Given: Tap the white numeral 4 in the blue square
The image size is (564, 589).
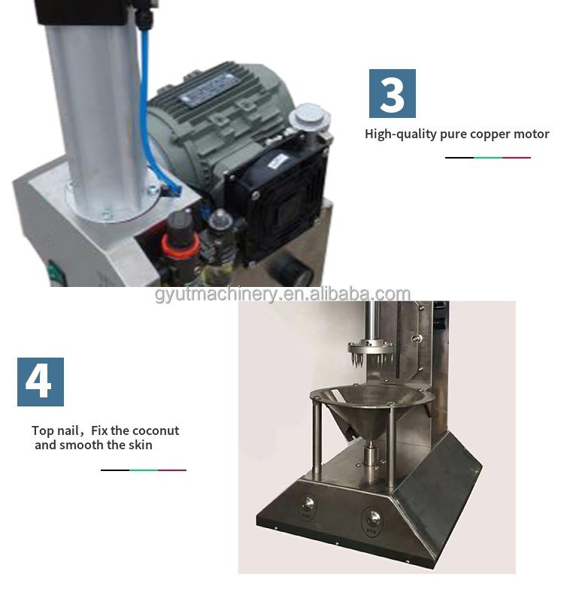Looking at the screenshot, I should [x=40, y=382].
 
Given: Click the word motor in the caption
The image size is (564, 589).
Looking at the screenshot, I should [x=530, y=134].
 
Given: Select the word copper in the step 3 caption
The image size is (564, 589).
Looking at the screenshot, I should [x=488, y=134].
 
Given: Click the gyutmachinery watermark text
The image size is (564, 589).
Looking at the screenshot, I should [x=282, y=294].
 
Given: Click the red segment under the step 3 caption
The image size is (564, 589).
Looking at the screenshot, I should [x=517, y=158].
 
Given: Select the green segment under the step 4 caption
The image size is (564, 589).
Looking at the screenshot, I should [x=144, y=470].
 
